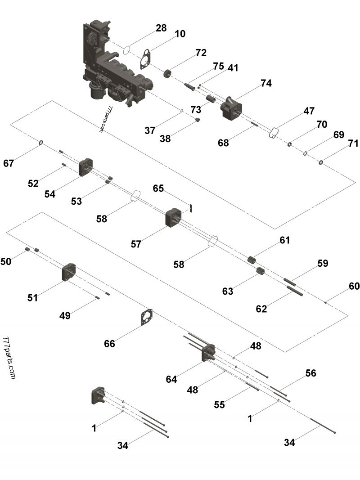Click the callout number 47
point(309,111)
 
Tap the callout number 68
point(223,143)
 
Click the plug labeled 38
point(198,120)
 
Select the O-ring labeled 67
point(41,143)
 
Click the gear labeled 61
point(252,260)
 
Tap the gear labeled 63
point(259,272)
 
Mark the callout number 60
point(354,286)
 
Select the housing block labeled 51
point(68,273)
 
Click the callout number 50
point(6,261)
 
